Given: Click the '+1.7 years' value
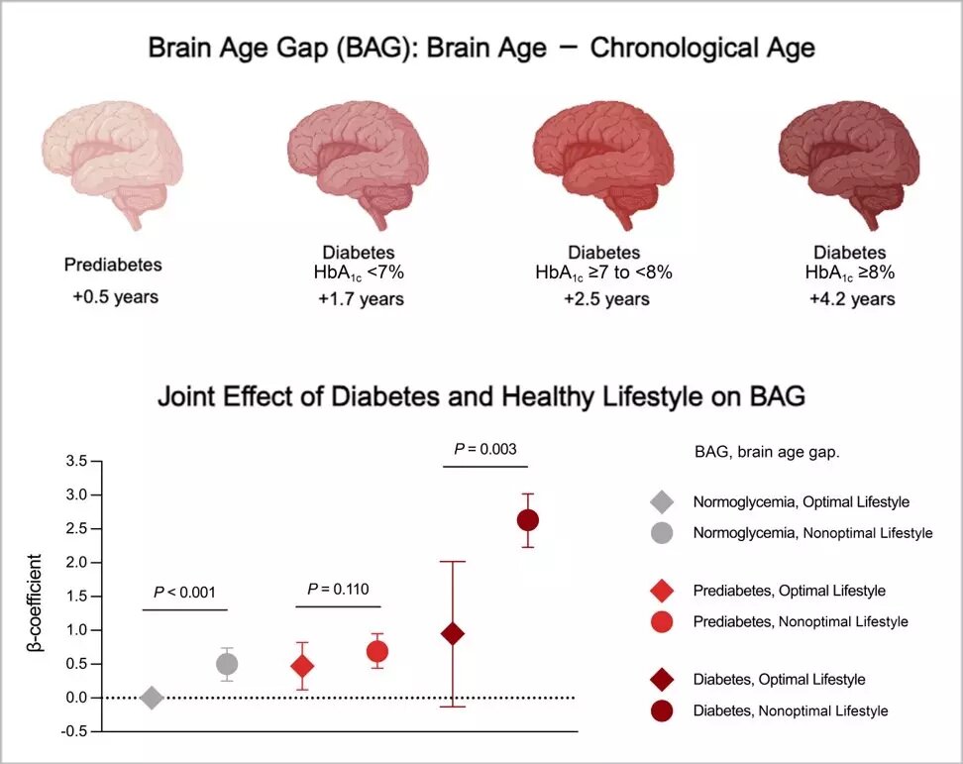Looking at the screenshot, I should [x=362, y=299].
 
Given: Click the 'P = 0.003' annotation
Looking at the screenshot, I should [x=485, y=449].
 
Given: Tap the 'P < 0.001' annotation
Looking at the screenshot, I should [x=185, y=593].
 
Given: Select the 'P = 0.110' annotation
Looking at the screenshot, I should [x=338, y=590].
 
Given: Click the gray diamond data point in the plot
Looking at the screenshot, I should [x=152, y=698].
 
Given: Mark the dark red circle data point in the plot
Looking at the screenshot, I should [x=528, y=520].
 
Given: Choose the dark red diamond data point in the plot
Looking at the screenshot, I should [x=453, y=634].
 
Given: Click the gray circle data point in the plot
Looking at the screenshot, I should [x=227, y=664].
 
